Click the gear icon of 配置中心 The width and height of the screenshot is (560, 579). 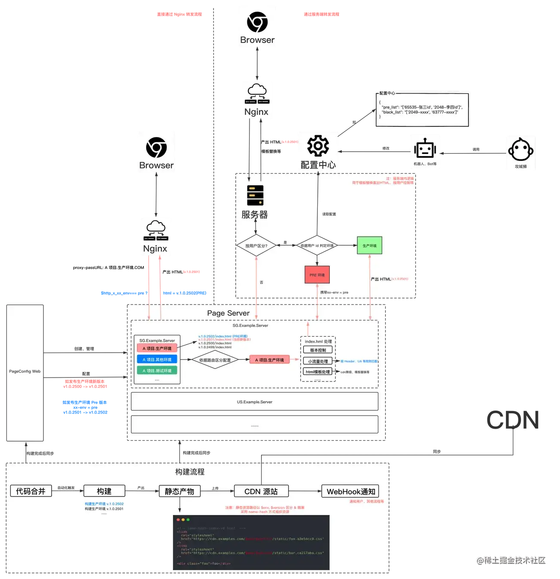pyautogui.click(x=318, y=146)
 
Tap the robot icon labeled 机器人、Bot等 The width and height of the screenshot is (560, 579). pyautogui.click(x=425, y=149)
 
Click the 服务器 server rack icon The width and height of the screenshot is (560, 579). pyautogui.click(x=255, y=195)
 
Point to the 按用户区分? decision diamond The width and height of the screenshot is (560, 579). pyautogui.click(x=256, y=246)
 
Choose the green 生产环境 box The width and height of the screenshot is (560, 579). pyautogui.click(x=369, y=246)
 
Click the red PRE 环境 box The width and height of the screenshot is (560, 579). pyautogui.click(x=317, y=275)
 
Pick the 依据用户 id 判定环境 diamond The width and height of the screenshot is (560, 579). pyautogui.click(x=317, y=246)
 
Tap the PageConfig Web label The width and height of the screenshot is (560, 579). pyautogui.click(x=25, y=372)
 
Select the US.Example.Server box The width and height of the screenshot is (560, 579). pyautogui.click(x=254, y=402)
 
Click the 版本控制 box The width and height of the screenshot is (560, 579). pyautogui.click(x=318, y=350)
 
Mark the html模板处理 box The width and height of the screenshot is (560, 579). pyautogui.click(x=318, y=372)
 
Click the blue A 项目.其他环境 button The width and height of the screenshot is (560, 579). pyautogui.click(x=157, y=360)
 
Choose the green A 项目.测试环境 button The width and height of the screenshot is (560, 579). pyautogui.click(x=157, y=370)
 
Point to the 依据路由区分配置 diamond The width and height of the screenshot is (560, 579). pyautogui.click(x=215, y=360)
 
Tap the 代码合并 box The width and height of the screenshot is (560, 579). pyautogui.click(x=31, y=491)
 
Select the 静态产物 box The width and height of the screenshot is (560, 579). pyautogui.click(x=180, y=491)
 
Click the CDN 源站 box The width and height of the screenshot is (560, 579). pyautogui.click(x=261, y=491)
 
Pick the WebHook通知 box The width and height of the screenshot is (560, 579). pyautogui.click(x=350, y=491)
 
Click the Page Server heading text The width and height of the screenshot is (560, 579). pyautogui.click(x=228, y=313)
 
